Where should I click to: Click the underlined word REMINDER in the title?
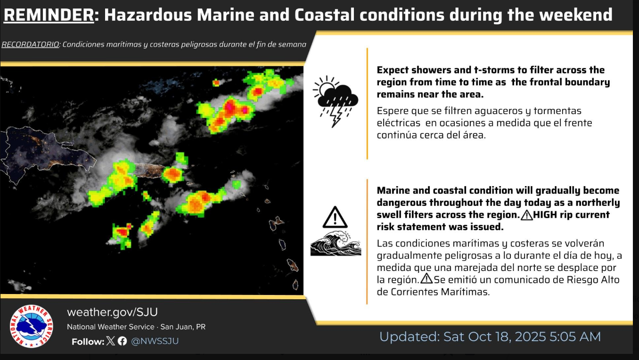pyautogui.click(x=49, y=15)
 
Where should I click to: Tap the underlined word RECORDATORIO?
pyautogui.click(x=30, y=44)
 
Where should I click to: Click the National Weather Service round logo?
pyautogui.click(x=31, y=326)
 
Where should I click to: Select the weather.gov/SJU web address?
pyautogui.click(x=113, y=312)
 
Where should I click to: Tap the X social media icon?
pyautogui.click(x=111, y=341)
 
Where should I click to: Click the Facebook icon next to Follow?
pyautogui.click(x=123, y=341)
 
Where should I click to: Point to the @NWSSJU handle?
pyautogui.click(x=155, y=341)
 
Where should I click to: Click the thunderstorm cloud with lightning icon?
pyautogui.click(x=336, y=102)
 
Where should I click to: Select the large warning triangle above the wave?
pyautogui.click(x=335, y=217)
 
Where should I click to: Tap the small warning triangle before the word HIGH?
pyautogui.click(x=526, y=215)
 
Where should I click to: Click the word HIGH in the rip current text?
pyautogui.click(x=545, y=215)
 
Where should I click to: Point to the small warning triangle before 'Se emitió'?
pyautogui.click(x=426, y=278)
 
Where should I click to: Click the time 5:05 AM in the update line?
pyautogui.click(x=575, y=337)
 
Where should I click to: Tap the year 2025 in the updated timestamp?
pyautogui.click(x=530, y=337)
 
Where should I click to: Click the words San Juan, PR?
pyautogui.click(x=183, y=327)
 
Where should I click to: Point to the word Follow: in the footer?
pyautogui.click(x=88, y=342)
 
